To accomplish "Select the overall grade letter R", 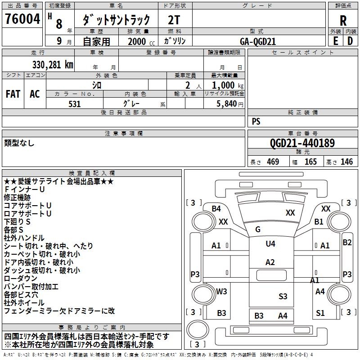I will (343, 20).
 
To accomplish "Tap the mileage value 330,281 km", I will (52, 64).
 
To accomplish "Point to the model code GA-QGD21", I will (258, 41).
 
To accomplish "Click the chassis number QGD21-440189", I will (302, 143).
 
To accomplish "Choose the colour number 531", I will (74, 104).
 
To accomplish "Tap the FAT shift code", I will (13, 94).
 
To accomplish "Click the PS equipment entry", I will (256, 121).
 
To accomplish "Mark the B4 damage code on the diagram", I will (216, 208).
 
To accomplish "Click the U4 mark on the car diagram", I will (270, 243).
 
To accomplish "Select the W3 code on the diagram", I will (221, 291).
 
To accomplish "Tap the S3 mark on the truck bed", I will (283, 296).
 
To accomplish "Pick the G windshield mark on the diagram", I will (258, 229).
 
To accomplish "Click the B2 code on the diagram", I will (347, 243).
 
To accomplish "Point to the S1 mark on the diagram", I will (320, 313).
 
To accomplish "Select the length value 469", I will (273, 162).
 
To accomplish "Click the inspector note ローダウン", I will (21, 278).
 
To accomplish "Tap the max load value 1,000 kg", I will (224, 85).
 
